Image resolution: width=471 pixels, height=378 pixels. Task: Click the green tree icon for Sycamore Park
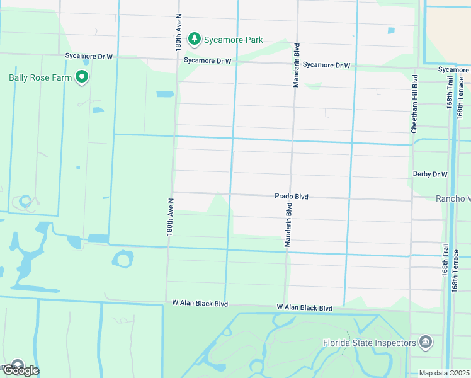coord(195,40)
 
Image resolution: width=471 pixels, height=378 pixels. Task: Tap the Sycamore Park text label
coord(234,40)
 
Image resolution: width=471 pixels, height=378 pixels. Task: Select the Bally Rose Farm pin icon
coord(81,77)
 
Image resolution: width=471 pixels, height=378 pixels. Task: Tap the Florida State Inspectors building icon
coord(426,342)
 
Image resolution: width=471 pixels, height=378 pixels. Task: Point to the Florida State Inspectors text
coord(369,343)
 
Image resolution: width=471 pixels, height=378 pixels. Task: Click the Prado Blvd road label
coord(292,197)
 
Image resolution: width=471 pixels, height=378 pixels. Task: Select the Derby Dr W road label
coord(430,174)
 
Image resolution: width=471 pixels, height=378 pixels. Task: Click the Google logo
coord(20,370)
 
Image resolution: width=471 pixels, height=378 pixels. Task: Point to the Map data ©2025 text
coord(445,373)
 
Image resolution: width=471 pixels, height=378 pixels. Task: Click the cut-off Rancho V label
coord(453,198)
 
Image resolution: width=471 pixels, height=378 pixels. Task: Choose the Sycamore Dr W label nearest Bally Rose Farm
coord(89,56)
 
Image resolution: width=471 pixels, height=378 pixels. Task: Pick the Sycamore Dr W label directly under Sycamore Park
coord(208,61)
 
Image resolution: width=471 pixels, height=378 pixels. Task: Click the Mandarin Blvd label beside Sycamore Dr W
coord(295,65)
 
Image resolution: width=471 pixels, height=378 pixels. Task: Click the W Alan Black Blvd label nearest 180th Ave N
coord(200,303)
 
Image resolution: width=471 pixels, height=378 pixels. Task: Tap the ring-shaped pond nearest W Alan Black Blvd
coord(123,258)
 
